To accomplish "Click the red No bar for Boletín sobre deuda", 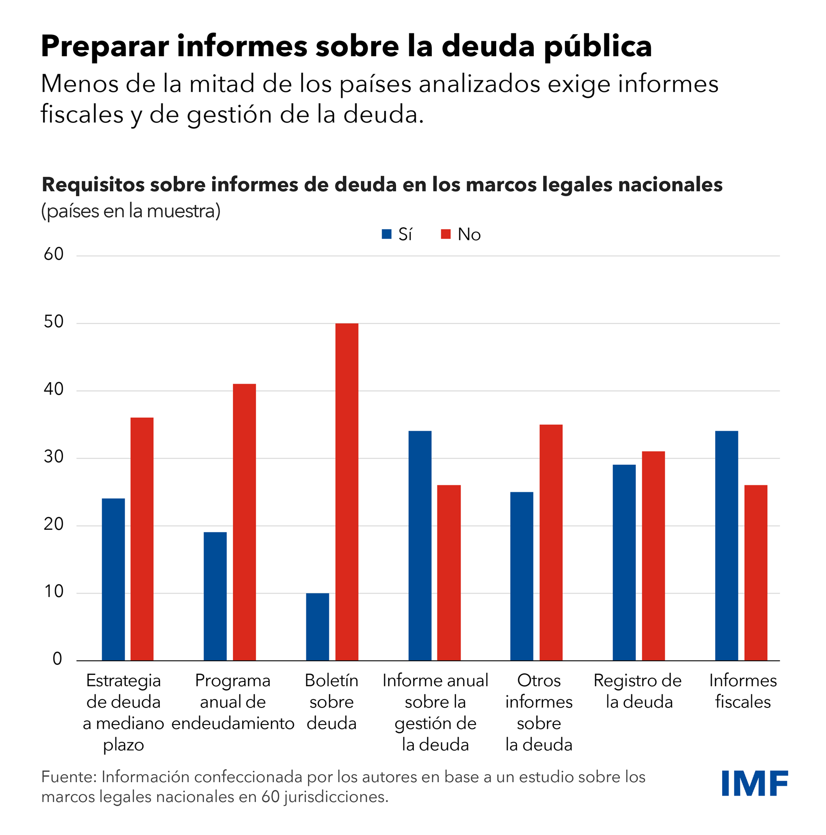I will tap(346, 492).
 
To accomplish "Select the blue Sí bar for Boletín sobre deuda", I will tap(317, 627).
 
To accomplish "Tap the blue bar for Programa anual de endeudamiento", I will tap(215, 596).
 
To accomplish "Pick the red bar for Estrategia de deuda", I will tap(142, 539).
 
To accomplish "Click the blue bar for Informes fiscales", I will tap(726, 546).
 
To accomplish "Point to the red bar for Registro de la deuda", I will tap(653, 556).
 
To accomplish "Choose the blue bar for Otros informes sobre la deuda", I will tap(522, 576).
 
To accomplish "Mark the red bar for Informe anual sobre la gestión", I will tap(449, 572).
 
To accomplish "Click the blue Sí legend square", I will tap(386, 234).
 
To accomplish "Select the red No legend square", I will tap(446, 234).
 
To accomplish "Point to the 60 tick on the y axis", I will tap(54, 254).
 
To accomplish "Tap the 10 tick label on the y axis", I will tap(54, 591).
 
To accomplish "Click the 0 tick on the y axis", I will tap(58, 659).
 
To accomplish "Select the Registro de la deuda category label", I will tap(638, 691).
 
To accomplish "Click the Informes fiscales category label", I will tap(743, 691).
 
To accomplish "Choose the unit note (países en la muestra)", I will tap(131, 212).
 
